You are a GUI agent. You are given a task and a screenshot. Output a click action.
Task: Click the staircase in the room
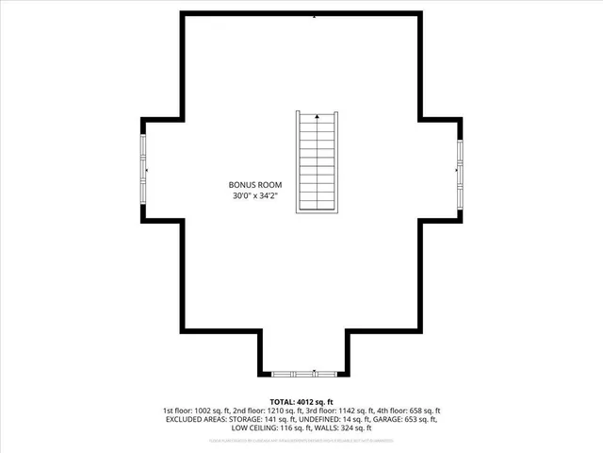[317, 162]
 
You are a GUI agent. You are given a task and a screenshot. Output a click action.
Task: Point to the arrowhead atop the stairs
[317, 117]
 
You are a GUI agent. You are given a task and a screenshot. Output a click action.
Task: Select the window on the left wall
[144, 169]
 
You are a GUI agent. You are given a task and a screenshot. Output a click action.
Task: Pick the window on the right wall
[460, 169]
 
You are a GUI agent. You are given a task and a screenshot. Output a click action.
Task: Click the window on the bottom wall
[302, 371]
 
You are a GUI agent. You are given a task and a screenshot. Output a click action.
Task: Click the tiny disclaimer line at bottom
[301, 440]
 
